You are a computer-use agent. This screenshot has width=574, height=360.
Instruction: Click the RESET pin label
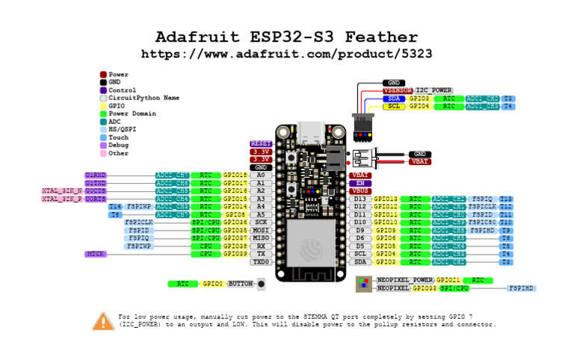click(260, 143)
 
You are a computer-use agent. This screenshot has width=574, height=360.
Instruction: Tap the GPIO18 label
click(235, 175)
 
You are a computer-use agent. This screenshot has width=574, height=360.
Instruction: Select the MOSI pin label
click(260, 230)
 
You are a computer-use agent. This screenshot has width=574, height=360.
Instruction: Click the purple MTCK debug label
click(96, 254)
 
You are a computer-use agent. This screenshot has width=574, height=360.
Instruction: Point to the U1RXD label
click(96, 175)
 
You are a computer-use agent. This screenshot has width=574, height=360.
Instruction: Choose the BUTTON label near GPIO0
click(240, 284)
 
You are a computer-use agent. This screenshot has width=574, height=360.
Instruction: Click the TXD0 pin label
click(260, 262)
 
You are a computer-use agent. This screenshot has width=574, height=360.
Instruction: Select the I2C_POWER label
click(433, 90)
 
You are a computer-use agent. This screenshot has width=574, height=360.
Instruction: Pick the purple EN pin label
click(360, 183)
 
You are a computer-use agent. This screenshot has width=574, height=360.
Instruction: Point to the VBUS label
click(360, 190)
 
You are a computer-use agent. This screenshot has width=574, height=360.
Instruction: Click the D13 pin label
click(360, 199)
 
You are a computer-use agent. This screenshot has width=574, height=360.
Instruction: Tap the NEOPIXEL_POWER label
click(404, 279)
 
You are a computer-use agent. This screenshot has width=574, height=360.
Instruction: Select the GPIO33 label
click(424, 288)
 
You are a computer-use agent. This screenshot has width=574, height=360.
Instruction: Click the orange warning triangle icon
click(103, 321)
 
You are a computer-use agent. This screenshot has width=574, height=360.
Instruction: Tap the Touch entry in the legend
click(118, 137)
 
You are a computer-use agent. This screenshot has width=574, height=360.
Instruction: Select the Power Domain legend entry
click(132, 114)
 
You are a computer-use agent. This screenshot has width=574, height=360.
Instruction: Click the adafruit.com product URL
click(286, 55)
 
